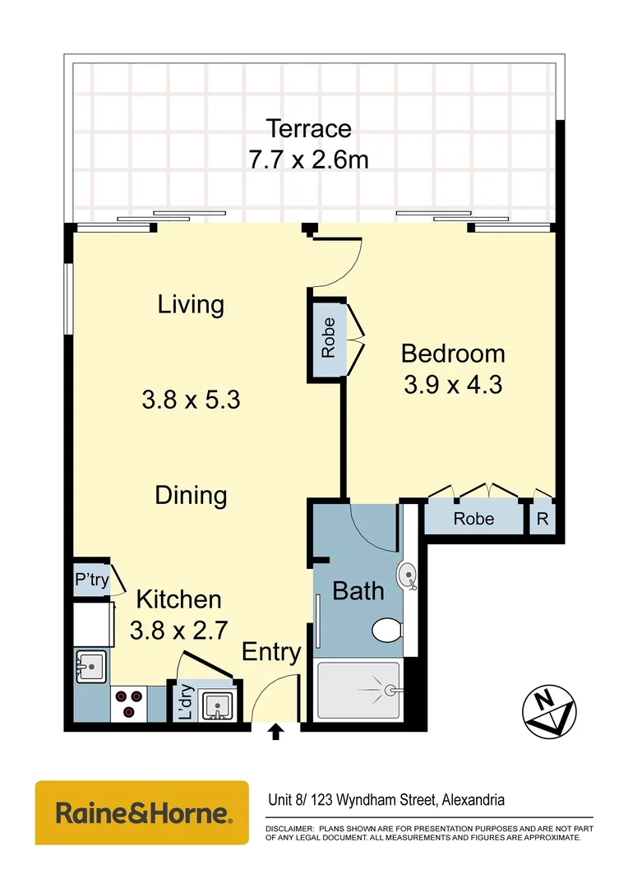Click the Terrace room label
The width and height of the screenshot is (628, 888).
click(308, 128)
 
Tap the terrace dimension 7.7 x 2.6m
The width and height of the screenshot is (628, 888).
click(308, 158)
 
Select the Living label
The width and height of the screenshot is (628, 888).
click(191, 305)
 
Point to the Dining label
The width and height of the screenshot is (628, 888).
click(191, 495)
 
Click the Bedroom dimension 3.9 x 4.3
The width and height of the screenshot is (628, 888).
click(453, 384)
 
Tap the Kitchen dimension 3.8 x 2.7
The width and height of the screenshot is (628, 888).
click(178, 631)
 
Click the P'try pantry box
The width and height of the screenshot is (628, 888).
click(91, 580)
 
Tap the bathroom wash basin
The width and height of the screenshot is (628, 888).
click(408, 574)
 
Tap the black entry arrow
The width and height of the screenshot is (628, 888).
click(276, 732)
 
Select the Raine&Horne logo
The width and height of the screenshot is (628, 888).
click(141, 813)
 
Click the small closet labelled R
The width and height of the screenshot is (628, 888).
click(543, 519)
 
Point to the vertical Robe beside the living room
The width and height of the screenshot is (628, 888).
click(328, 337)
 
